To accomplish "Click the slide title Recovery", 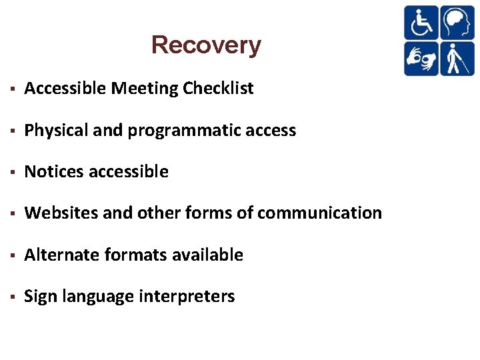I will point(206,45).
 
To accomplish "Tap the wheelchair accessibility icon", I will point(421,23).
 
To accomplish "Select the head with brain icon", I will point(457,23).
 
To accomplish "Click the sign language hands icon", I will point(421,59).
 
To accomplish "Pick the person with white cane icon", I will point(457,59).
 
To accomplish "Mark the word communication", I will point(319,213).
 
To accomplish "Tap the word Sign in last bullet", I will point(40,297).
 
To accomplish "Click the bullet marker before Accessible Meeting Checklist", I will point(13,89).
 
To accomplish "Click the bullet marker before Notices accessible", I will point(13,173).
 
